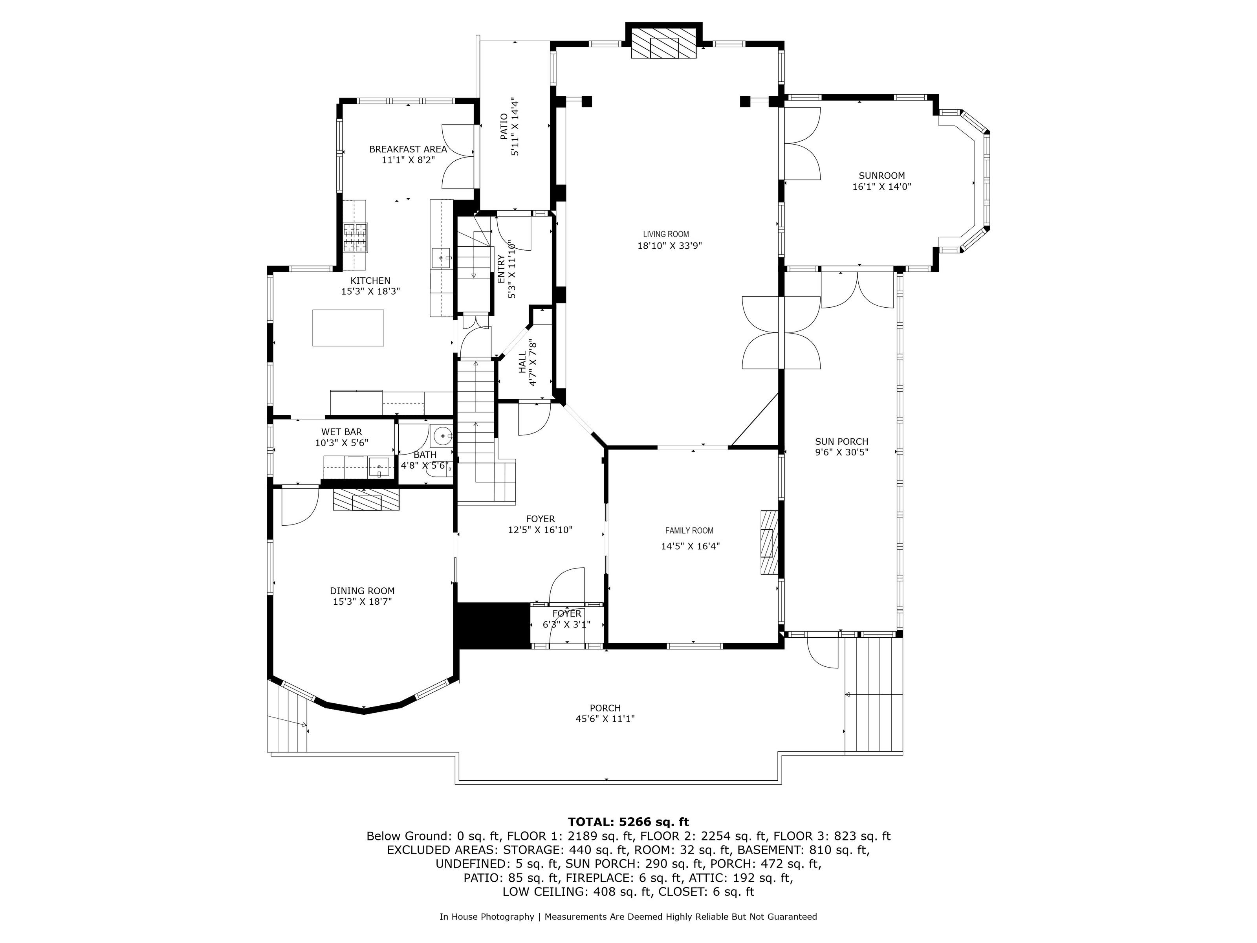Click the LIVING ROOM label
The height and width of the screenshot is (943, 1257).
pyautogui.click(x=666, y=234)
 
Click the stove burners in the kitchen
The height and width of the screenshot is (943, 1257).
pyautogui.click(x=355, y=238)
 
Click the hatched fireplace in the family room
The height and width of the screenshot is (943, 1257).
pyautogui.click(x=769, y=542)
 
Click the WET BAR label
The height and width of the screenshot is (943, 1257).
pyautogui.click(x=341, y=432)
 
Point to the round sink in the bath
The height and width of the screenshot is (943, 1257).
pyautogui.click(x=442, y=437)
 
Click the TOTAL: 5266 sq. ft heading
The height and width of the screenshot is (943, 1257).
pyautogui.click(x=628, y=822)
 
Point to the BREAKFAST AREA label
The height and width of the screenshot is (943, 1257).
pyautogui.click(x=408, y=149)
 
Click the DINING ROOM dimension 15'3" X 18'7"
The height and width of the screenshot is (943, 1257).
pyautogui.click(x=363, y=602)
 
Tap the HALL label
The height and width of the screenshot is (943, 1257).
pyautogui.click(x=522, y=363)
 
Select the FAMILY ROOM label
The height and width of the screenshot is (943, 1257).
pyautogui.click(x=689, y=531)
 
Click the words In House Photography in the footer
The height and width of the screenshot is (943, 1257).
pyautogui.click(x=486, y=917)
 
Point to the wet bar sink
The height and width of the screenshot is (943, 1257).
pyautogui.click(x=379, y=467)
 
